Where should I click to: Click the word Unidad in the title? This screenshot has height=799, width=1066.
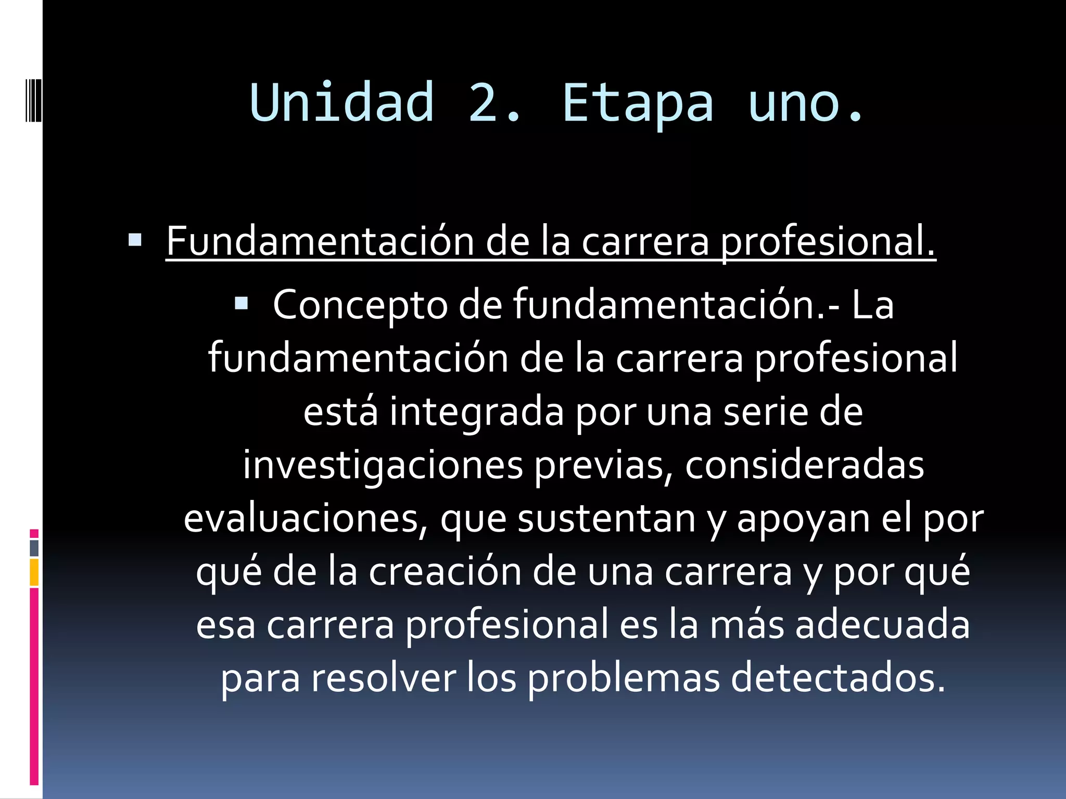(x=341, y=102)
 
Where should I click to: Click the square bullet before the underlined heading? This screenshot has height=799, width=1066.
(x=135, y=240)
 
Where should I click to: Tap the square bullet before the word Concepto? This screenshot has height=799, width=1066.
(x=242, y=303)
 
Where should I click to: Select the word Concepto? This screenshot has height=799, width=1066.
(x=360, y=305)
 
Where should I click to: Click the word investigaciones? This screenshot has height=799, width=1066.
(x=383, y=465)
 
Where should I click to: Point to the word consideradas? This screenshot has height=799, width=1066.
(x=804, y=465)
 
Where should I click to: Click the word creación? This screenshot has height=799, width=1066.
(x=445, y=572)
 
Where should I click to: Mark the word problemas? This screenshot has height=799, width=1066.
(x=624, y=678)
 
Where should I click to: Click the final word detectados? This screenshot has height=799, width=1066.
(x=838, y=678)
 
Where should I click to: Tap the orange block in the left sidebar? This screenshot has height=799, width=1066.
(x=34, y=573)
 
